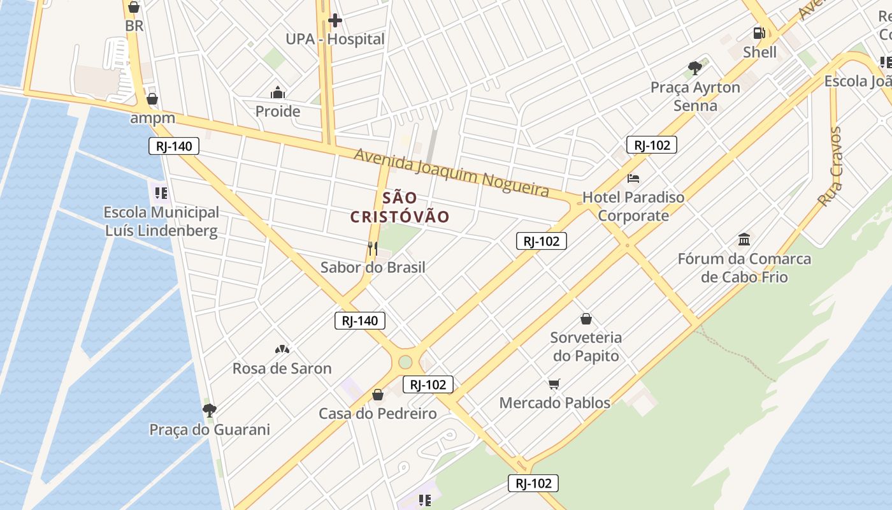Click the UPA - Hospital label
pos(334,39)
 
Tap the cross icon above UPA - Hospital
pos(335,20)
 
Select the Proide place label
pos(278,112)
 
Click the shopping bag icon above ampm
pos(152,99)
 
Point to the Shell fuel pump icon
pos(759,33)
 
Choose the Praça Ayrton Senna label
pos(695,96)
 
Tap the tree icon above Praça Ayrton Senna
pos(695,68)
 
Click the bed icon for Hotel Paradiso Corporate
pos(633,178)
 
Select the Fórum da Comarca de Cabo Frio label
pos(744,268)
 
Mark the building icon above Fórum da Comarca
pos(744,240)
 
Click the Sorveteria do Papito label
pos(586,346)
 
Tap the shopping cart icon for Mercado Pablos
pos(554,384)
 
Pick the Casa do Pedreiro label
pos(378,414)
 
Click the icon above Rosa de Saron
pos(282,349)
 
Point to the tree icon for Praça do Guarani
pos(209,410)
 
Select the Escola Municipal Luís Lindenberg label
pos(161,221)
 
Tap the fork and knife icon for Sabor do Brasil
pos(373,248)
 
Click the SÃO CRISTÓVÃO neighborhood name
pos(400,207)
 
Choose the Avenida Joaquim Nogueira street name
pos(452,173)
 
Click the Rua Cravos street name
pos(831,166)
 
